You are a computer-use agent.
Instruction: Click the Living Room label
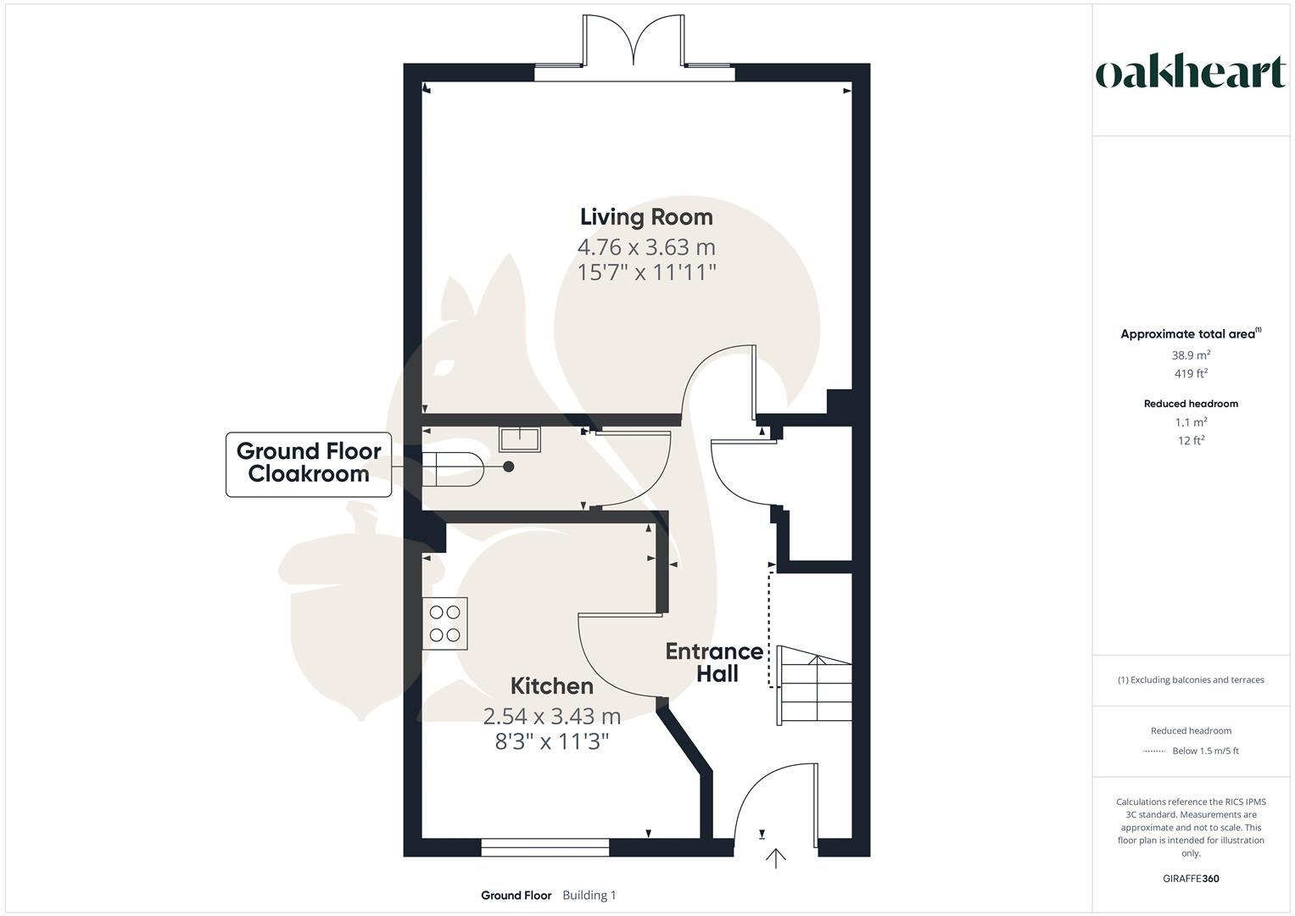click(x=646, y=217)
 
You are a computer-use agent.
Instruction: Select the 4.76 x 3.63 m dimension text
click(x=646, y=248)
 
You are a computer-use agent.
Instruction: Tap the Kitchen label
click(x=551, y=686)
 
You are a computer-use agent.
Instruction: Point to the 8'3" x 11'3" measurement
click(x=552, y=742)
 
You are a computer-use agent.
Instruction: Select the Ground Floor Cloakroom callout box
click(x=309, y=464)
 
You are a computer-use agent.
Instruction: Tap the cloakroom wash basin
click(x=520, y=439)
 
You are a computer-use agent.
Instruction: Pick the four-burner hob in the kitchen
click(x=445, y=623)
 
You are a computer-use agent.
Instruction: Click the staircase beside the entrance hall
click(x=814, y=685)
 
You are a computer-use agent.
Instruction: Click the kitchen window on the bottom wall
click(x=544, y=846)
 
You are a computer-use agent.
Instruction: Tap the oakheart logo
click(x=1191, y=73)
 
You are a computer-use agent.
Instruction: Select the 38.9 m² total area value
click(x=1191, y=356)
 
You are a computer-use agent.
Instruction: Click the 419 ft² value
click(x=1191, y=374)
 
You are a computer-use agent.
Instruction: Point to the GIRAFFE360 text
click(x=1191, y=879)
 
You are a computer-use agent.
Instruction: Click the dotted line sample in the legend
click(x=1154, y=751)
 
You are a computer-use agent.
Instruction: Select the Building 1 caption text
click(x=589, y=896)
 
